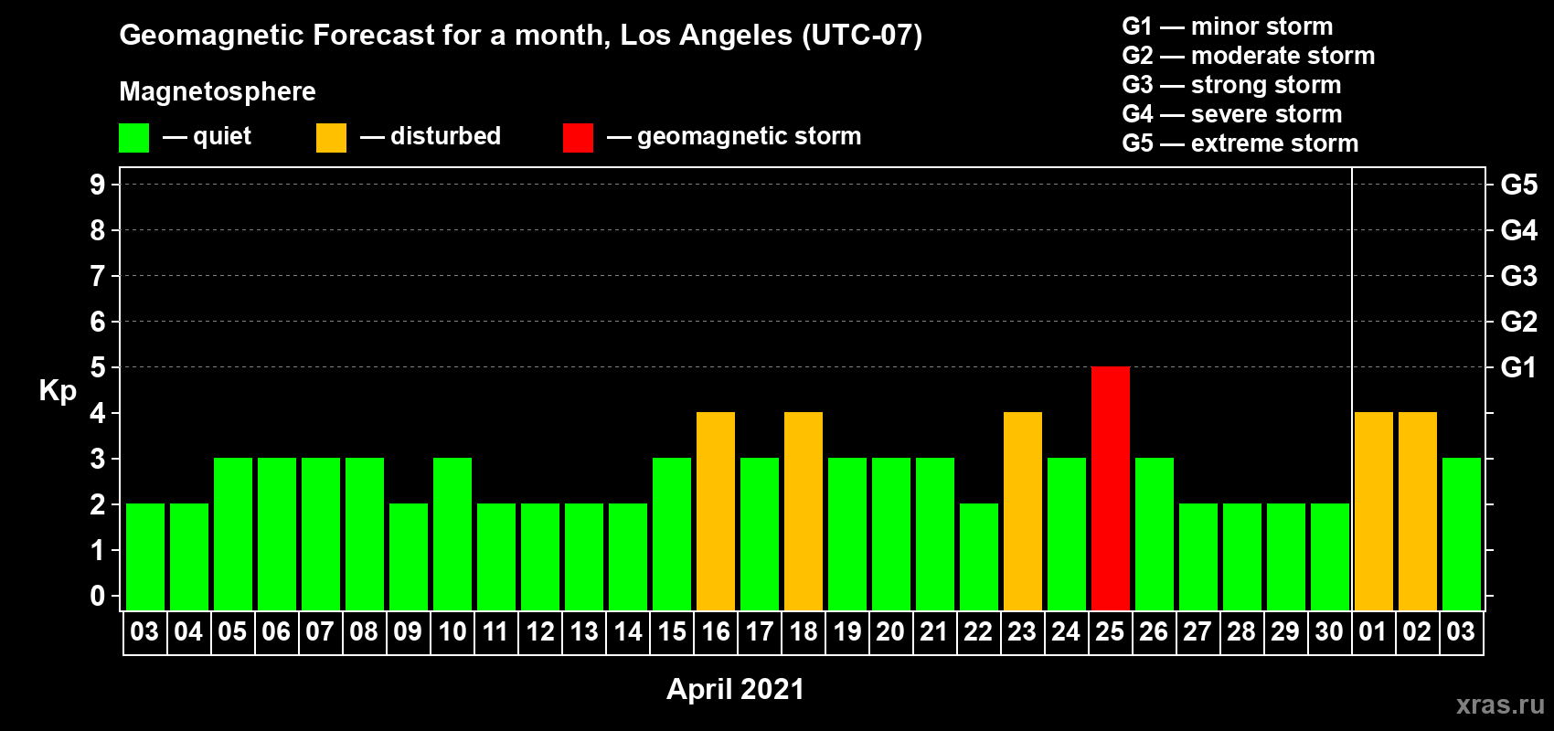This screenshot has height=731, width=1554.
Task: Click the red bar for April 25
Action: (x=1110, y=488)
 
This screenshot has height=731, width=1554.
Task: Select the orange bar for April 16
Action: (x=715, y=511)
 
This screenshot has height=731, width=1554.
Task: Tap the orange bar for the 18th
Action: (x=804, y=511)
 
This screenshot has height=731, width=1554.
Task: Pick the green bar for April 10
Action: (x=452, y=534)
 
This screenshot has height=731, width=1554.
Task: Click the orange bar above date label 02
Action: (x=1417, y=511)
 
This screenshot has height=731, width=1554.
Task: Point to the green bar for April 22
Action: (x=979, y=556)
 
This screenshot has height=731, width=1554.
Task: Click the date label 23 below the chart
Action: (x=1022, y=631)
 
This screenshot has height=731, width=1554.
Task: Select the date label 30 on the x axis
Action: (x=1329, y=631)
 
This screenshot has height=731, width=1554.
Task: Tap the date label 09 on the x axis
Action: (x=408, y=631)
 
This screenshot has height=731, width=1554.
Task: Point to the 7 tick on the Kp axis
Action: (x=97, y=276)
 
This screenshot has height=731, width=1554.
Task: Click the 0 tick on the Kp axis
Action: (x=97, y=596)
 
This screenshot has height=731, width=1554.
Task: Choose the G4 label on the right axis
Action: (x=1518, y=230)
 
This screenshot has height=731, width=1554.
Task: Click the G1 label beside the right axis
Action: (x=1518, y=367)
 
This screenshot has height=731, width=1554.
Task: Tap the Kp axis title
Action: (x=58, y=391)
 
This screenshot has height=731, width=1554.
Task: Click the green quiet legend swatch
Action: (x=133, y=137)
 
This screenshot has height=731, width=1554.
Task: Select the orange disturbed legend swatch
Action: (x=331, y=137)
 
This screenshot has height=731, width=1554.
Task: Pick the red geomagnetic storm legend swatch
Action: (x=578, y=137)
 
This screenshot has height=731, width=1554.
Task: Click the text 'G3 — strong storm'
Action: (x=1231, y=85)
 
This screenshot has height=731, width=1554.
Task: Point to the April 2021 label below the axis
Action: (x=735, y=689)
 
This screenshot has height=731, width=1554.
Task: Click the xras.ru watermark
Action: (x=1500, y=705)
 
